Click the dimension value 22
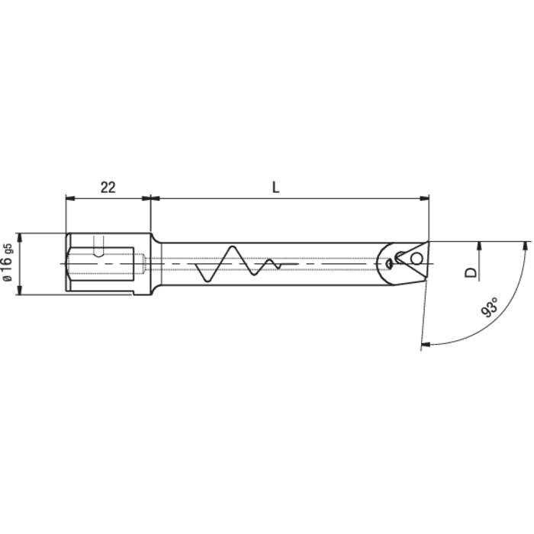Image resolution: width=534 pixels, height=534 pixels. tap(108, 187)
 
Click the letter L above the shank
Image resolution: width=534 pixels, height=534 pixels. tap(275, 187)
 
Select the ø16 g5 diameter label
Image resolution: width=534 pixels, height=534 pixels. tap(8, 263)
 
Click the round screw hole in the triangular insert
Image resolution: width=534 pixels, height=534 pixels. tap(415, 259)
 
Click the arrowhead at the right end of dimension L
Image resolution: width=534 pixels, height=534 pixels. tap(424, 198)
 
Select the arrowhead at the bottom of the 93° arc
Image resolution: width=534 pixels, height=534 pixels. tap(426, 345)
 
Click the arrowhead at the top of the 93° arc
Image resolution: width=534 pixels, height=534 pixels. tap(526, 246)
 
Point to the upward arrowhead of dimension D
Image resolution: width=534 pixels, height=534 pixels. tap(479, 246)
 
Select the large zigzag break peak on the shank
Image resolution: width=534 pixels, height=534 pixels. tap(229, 249)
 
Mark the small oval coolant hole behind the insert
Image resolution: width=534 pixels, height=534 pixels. tap(390, 263)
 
